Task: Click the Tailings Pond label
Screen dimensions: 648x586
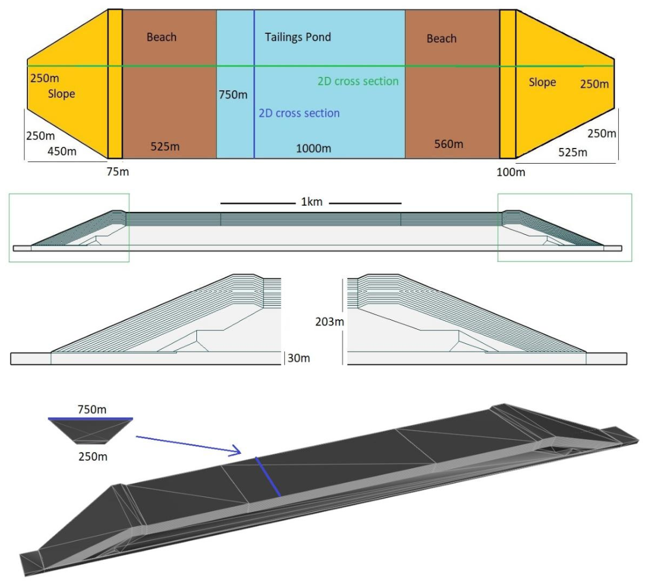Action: (x=298, y=37)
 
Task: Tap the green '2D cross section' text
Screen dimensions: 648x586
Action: (x=358, y=81)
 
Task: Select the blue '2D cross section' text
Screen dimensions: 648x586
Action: (x=299, y=113)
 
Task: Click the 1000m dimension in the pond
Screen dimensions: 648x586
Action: (x=314, y=149)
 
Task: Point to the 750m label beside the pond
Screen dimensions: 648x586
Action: (x=233, y=94)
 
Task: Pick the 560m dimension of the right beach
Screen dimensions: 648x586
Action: (x=448, y=144)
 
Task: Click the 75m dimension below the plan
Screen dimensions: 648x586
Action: (x=118, y=171)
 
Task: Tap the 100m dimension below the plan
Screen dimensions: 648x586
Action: (x=511, y=172)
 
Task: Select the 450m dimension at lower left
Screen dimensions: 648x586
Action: (x=62, y=151)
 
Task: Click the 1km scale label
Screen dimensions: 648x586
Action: (x=312, y=202)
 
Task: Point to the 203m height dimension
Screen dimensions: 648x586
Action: (x=329, y=322)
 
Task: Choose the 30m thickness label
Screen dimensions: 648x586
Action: (x=298, y=358)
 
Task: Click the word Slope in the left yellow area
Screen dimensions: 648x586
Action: (x=62, y=94)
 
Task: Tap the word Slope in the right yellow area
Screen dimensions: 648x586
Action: (x=542, y=82)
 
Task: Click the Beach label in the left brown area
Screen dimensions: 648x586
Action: (x=161, y=37)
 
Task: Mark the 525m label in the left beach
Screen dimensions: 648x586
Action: (x=165, y=146)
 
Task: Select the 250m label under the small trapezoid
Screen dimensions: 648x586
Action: (x=93, y=456)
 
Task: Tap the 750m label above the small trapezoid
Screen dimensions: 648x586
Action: (x=92, y=410)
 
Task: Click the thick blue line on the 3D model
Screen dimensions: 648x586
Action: (x=268, y=476)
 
